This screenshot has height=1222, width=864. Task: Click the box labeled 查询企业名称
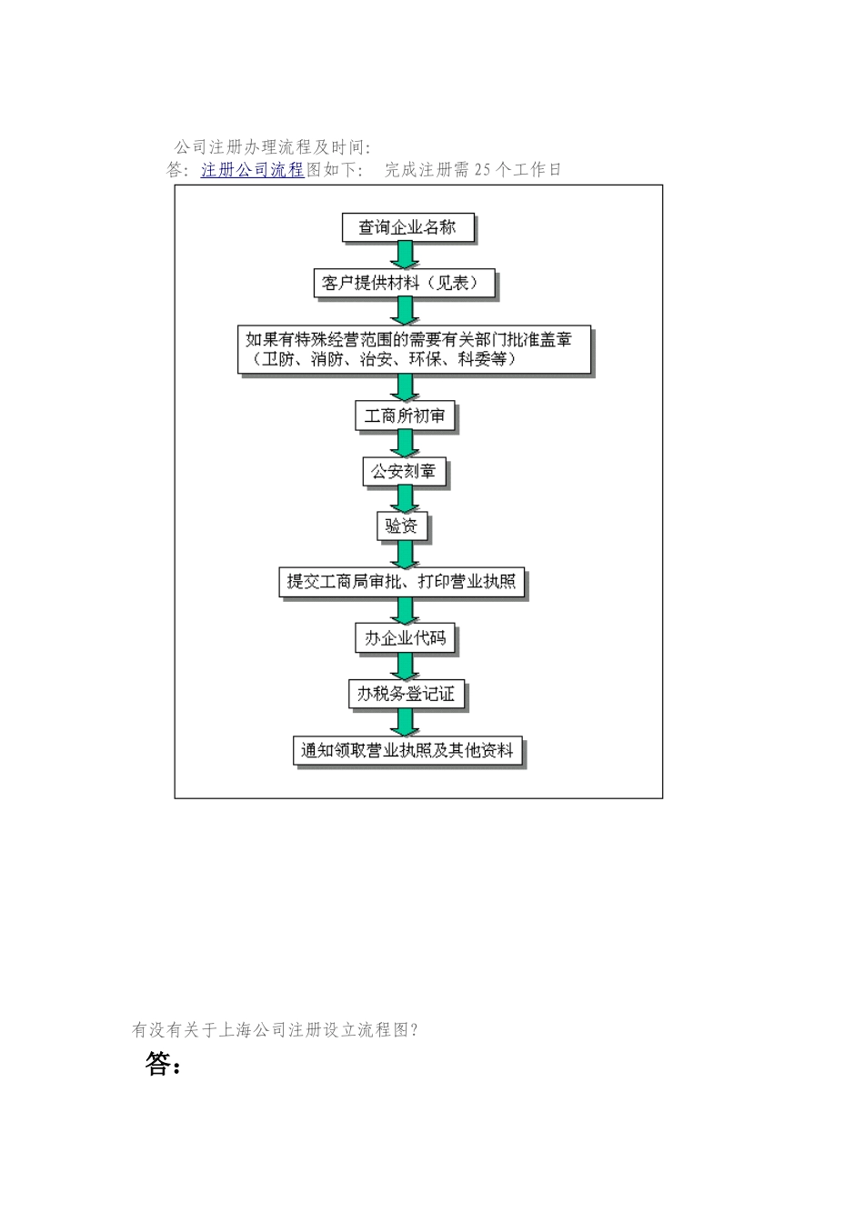[x=407, y=227]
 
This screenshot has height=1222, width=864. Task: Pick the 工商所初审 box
[x=405, y=416]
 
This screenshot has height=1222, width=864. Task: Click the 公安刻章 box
[x=404, y=471]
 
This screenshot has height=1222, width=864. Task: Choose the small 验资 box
[x=401, y=526]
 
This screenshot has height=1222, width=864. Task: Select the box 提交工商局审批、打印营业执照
[x=401, y=581]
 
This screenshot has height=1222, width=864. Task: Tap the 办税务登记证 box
[x=406, y=694]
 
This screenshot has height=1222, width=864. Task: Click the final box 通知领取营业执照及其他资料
[x=407, y=751]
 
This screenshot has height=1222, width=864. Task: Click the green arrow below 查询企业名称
[x=405, y=255]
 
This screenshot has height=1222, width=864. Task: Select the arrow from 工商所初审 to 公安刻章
[x=404, y=444]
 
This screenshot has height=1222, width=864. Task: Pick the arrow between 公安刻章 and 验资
[x=404, y=498]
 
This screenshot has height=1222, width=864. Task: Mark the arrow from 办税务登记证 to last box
[x=406, y=722]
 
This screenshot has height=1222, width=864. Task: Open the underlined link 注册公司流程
[x=252, y=170]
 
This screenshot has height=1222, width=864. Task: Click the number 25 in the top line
[x=483, y=170]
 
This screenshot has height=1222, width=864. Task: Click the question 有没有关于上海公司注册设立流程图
[x=275, y=1030]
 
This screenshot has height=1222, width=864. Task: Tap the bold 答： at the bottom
[x=163, y=1064]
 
